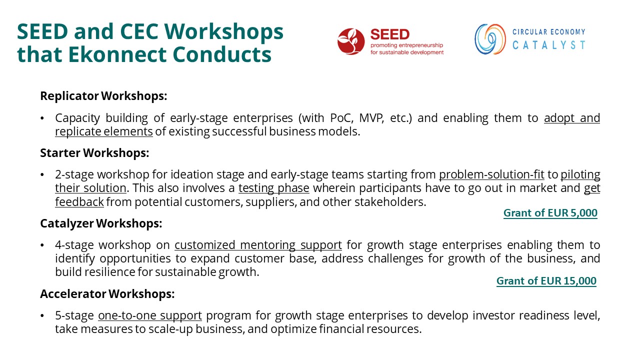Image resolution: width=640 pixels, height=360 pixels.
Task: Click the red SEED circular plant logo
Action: [x=351, y=41]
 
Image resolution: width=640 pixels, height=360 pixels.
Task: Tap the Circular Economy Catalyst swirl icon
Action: [x=490, y=39]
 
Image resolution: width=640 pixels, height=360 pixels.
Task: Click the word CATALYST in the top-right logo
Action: [x=549, y=45]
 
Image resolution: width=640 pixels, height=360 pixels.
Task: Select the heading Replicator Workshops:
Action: [x=103, y=96]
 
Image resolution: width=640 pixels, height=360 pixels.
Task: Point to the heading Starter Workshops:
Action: [x=94, y=153]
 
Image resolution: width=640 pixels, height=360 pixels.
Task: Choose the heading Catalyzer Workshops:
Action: [x=101, y=223]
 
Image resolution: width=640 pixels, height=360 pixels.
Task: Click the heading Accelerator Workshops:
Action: [x=107, y=293]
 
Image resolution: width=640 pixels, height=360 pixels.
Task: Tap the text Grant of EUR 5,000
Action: [x=550, y=213]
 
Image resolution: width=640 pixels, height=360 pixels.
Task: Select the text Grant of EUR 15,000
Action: [x=546, y=281]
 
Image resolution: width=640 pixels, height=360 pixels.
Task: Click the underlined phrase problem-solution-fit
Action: [x=491, y=174]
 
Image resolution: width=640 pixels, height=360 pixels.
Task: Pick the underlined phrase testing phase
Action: [x=273, y=188]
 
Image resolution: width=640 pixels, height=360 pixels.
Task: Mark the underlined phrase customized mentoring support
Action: [x=258, y=245]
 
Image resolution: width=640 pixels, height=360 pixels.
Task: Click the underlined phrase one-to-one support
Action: [x=150, y=315]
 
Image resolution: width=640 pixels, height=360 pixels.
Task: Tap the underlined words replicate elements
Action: [x=103, y=131]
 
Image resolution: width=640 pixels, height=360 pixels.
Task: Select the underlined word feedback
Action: [x=79, y=202]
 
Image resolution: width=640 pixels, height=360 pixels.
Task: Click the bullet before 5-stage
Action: [x=42, y=316]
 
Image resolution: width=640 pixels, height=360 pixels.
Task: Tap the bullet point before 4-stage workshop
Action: [x=42, y=245]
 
